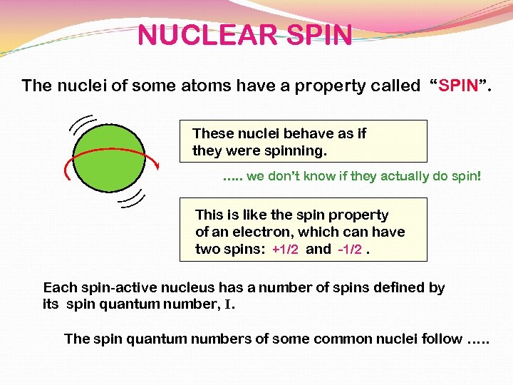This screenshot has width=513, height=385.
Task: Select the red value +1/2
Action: point(285,250)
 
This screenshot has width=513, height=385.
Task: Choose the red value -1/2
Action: point(350,250)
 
